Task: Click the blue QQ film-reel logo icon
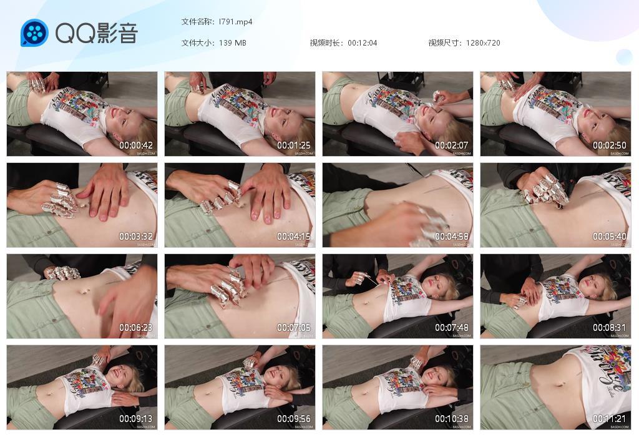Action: click(x=34, y=33)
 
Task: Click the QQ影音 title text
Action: click(x=96, y=33)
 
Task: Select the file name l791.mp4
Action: click(x=235, y=22)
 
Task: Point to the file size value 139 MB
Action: click(x=232, y=43)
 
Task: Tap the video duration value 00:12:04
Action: click(x=362, y=43)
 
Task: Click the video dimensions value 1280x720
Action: click(x=482, y=43)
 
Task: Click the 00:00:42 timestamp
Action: click(x=137, y=145)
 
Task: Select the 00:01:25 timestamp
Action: click(x=295, y=145)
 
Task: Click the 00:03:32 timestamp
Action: click(x=137, y=237)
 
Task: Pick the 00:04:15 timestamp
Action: click(x=295, y=237)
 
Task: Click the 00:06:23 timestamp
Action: click(x=137, y=328)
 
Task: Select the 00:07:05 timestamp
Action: click(x=295, y=328)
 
